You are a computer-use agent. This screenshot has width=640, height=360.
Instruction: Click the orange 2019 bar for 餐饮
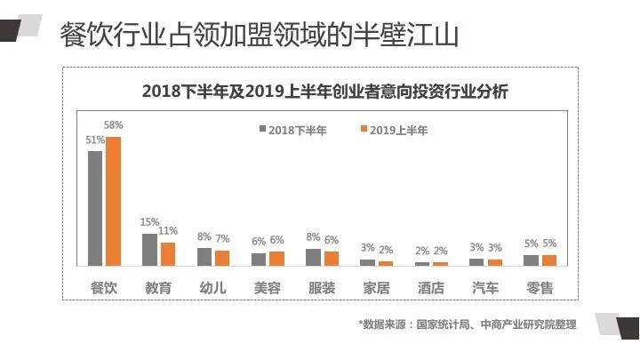(114, 201)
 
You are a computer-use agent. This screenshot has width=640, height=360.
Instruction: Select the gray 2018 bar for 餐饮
(95, 208)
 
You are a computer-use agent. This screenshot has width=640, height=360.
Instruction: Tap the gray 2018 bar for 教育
(149, 250)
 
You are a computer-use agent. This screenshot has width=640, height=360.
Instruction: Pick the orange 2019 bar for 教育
(168, 254)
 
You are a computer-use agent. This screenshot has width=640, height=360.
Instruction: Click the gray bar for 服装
(313, 257)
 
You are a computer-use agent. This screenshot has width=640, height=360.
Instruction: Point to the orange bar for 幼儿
(222, 258)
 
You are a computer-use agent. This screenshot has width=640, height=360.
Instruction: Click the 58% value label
(113, 126)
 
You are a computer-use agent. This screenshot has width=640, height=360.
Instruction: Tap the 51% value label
(95, 140)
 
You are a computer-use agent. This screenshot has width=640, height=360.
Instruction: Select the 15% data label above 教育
(149, 222)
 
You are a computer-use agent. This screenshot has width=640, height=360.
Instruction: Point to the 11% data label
(168, 231)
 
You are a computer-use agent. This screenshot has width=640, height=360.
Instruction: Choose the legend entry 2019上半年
(394, 131)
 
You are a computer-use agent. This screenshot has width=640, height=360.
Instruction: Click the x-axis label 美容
(268, 287)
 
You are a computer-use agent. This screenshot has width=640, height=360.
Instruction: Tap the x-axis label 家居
(377, 287)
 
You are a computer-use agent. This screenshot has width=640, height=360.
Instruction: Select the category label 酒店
(431, 287)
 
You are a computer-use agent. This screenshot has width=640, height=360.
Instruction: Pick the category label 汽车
(485, 287)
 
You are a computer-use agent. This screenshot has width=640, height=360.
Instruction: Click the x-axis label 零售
(540, 287)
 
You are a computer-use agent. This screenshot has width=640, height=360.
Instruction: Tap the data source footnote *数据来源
(467, 324)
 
